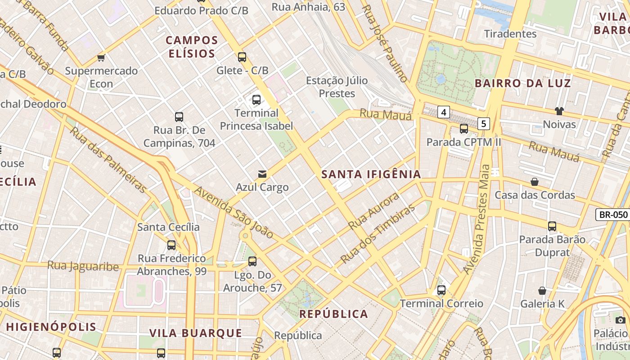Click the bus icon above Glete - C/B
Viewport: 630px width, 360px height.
(x=242, y=57)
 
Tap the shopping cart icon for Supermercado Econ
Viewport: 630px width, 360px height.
(x=101, y=58)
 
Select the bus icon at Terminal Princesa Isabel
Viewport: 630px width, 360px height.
(x=256, y=100)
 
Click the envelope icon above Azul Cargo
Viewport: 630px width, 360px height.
(x=262, y=174)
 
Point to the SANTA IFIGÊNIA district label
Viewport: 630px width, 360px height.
(x=371, y=175)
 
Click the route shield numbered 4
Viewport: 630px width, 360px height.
(x=444, y=112)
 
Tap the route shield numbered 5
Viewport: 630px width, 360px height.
(x=483, y=123)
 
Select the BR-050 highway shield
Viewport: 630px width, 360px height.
(x=612, y=215)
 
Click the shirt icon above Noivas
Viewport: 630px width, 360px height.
(x=559, y=111)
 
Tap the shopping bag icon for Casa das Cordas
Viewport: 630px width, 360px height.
(x=535, y=182)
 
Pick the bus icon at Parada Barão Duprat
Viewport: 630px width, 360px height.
(x=552, y=226)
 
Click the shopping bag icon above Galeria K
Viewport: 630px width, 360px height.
(x=542, y=291)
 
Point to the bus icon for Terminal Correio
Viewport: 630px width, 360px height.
(x=441, y=290)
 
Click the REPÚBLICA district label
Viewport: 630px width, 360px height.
(x=334, y=314)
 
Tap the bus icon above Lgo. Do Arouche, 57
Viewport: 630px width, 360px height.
(x=252, y=261)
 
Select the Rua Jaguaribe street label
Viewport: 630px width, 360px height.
(x=83, y=266)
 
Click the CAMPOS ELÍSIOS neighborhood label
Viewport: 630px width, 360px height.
(x=192, y=47)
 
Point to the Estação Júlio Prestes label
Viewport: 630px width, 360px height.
(x=337, y=87)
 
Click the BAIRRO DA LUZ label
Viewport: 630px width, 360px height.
(x=522, y=83)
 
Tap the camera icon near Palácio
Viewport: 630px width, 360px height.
(x=621, y=320)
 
